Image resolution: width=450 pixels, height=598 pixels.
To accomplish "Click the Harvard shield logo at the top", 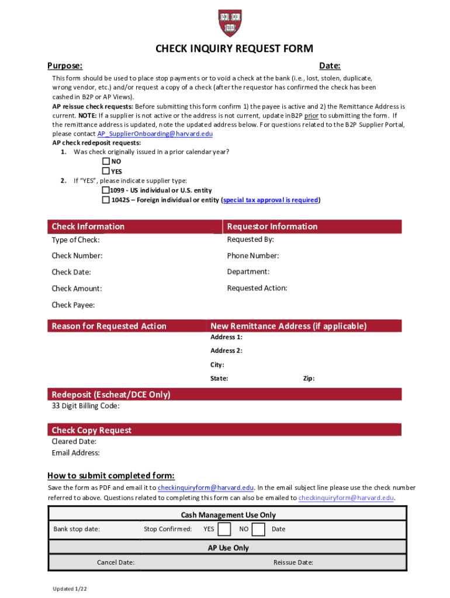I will pyautogui.click(x=230, y=23).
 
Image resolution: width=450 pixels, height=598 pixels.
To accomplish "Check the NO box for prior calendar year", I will pyautogui.click(x=106, y=161).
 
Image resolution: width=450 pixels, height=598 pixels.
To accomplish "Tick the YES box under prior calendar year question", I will pyautogui.click(x=106, y=171).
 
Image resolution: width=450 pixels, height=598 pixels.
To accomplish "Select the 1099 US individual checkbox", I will pyautogui.click(x=106, y=190).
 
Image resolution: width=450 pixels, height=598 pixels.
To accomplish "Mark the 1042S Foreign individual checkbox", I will pyautogui.click(x=106, y=200).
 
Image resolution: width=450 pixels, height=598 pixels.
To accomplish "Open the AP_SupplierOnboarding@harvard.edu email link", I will pyautogui.click(x=154, y=134).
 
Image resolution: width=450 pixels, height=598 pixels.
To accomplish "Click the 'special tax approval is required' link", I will pyautogui.click(x=271, y=200).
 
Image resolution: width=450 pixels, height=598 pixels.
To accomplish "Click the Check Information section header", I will pyautogui.click(x=88, y=227).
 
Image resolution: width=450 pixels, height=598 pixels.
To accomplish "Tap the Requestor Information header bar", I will pyautogui.click(x=272, y=227).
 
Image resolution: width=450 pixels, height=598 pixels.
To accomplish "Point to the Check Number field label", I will pyautogui.click(x=77, y=256).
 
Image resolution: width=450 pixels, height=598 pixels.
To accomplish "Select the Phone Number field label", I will pyautogui.click(x=252, y=256).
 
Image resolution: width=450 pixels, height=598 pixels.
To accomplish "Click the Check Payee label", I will pyautogui.click(x=73, y=305).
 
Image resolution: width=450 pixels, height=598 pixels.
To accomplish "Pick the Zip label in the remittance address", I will pyautogui.click(x=309, y=378).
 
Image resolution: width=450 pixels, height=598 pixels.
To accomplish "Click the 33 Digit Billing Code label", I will pyautogui.click(x=85, y=406).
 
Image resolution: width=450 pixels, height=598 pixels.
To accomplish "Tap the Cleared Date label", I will pyautogui.click(x=74, y=442).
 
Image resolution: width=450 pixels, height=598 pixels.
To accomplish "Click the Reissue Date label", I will pyautogui.click(x=293, y=562).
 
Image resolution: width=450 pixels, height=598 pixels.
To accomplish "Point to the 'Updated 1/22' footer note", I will pyautogui.click(x=70, y=589).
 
